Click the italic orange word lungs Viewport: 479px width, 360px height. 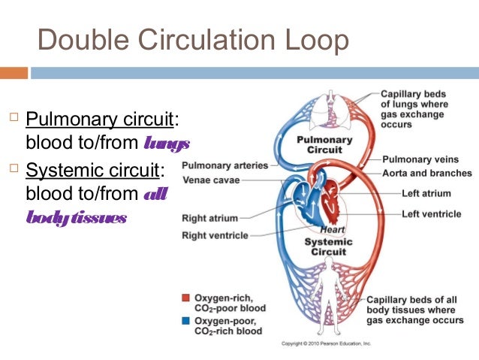(x=167, y=142)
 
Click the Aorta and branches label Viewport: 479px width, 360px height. (x=426, y=173)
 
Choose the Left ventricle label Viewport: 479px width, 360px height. (x=431, y=214)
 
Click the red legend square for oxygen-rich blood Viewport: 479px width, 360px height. (x=185, y=298)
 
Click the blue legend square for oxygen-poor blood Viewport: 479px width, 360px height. (x=185, y=320)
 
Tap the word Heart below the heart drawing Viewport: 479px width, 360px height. (x=332, y=230)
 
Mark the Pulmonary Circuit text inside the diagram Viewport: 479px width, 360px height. (x=324, y=144)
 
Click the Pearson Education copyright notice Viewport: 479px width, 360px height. (x=326, y=343)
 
